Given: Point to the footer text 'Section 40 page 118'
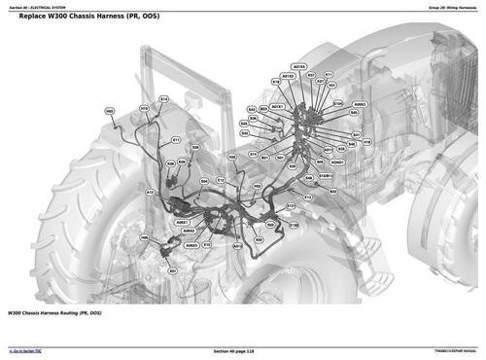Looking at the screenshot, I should click(x=242, y=350).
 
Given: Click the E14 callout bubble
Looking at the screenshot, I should click(x=163, y=99).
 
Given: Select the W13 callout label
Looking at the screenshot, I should click(x=145, y=108).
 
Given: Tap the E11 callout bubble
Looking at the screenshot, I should click(x=176, y=139).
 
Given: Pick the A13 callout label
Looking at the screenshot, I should click(x=150, y=193).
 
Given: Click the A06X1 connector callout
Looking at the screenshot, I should click(x=182, y=222).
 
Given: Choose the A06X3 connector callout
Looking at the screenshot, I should click(x=191, y=245).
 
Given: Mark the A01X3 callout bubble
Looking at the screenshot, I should click(x=297, y=67).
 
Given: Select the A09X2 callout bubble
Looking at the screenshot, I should click(x=360, y=104).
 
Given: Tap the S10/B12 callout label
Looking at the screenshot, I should click(x=326, y=176).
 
